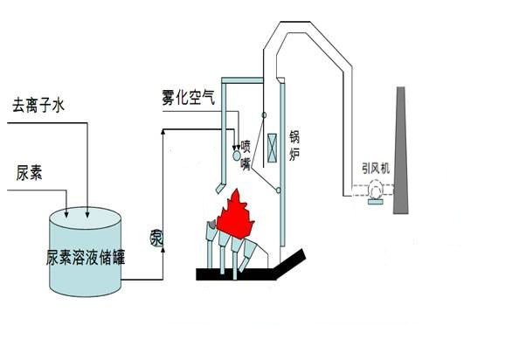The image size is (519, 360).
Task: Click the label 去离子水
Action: pos(38,106)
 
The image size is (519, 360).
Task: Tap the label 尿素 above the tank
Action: pos(29,173)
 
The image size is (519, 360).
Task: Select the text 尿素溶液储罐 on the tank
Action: pos(86,257)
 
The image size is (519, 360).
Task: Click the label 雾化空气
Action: pos(189,97)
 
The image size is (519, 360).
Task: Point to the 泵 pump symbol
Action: pos(156,238)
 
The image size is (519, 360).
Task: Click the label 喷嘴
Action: pos(246,156)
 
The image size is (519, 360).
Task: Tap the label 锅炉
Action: pos(294,145)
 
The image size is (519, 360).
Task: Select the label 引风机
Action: pos(376,169)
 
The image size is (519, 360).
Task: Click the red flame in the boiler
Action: pos(235,214)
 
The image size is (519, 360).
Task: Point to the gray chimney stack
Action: pos(400,150)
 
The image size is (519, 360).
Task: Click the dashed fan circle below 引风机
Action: pos(376,190)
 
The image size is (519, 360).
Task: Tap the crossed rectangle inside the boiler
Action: pos(272,148)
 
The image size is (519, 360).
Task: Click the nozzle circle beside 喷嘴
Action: pos(237,156)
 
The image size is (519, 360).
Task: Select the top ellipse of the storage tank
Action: pos(85,218)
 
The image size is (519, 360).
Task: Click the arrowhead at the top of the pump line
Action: pos(163,131)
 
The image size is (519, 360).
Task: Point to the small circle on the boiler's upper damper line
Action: pos(264,115)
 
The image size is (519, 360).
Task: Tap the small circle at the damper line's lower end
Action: pos(279,190)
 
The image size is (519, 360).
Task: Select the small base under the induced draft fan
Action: pos(376,202)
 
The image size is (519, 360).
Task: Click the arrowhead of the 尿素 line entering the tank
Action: pos(67,214)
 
